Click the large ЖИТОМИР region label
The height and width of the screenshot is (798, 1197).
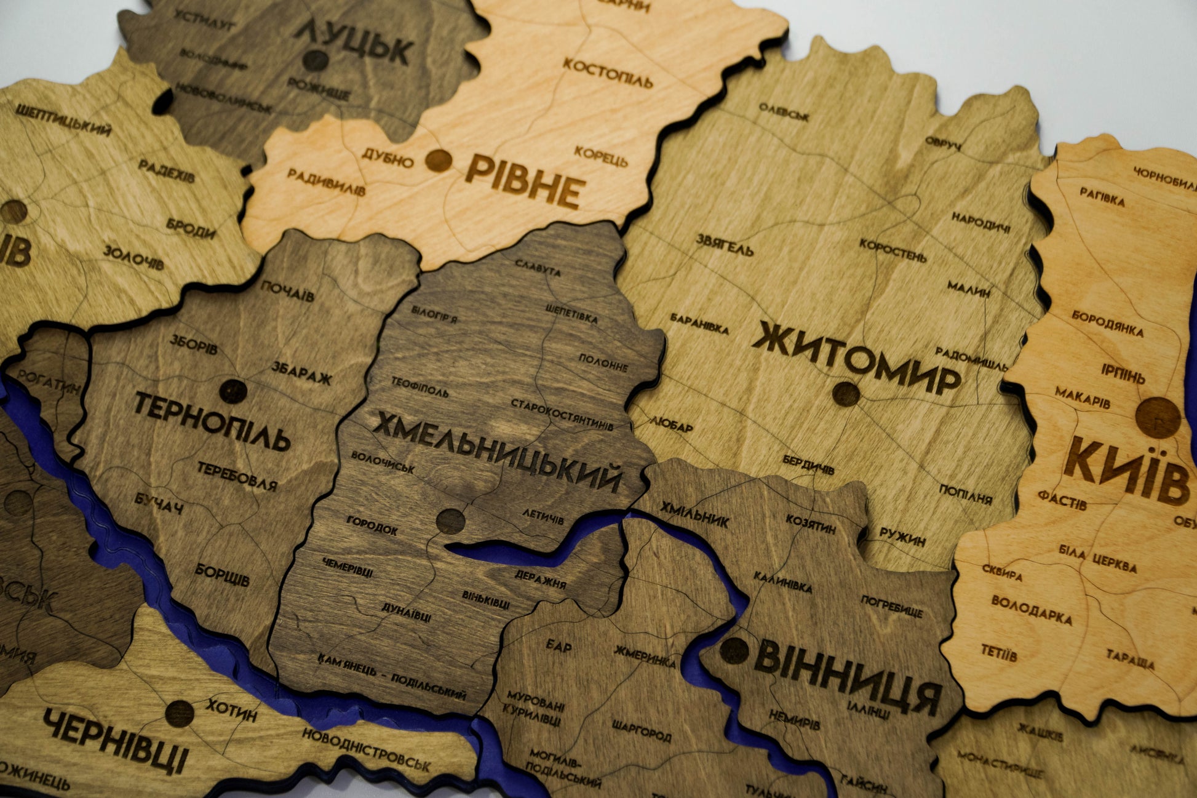(856, 357)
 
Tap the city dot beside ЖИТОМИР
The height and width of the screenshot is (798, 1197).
(846, 394)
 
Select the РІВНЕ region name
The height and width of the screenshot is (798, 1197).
(523, 182)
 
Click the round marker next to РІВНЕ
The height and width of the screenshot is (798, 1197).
(439, 161)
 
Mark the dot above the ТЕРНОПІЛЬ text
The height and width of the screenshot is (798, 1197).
(233, 391)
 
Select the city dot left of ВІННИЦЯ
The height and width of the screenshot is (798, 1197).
(734, 650)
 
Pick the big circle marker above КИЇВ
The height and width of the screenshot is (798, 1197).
(1158, 418)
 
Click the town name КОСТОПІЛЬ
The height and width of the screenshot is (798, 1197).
(607, 73)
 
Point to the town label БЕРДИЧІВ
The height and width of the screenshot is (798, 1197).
(808, 464)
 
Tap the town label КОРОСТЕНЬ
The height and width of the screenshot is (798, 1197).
(893, 250)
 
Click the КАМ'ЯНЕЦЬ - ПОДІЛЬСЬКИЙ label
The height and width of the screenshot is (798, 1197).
(392, 677)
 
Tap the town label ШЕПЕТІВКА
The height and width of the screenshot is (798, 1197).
(571, 314)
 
